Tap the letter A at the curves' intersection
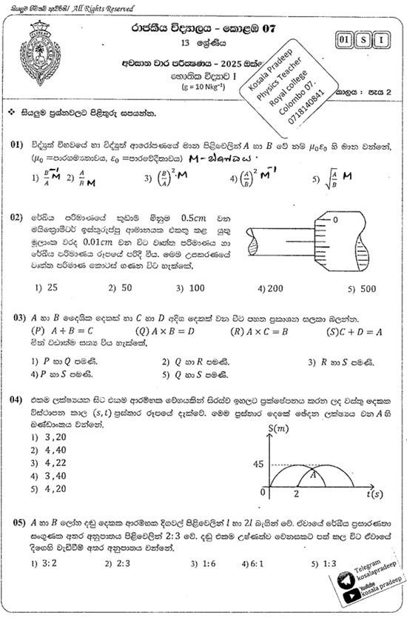pos(314,476)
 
